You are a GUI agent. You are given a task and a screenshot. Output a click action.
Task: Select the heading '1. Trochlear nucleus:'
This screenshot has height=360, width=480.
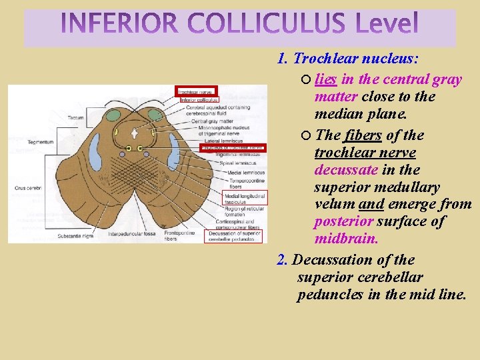coord(348,59)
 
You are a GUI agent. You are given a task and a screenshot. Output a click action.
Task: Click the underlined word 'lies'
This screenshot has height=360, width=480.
coord(325,79)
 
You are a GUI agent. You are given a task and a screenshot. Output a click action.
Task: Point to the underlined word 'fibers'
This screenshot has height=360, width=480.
coord(363,135)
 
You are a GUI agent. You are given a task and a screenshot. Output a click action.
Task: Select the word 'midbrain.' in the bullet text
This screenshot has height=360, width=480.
coord(346,238)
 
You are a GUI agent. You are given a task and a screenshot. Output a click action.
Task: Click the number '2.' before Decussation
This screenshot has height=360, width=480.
coord(283,259)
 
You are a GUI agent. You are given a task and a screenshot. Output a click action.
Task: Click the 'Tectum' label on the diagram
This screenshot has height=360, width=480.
coord(75,117)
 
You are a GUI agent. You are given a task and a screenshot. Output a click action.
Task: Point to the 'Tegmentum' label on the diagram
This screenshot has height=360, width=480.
coord(41,142)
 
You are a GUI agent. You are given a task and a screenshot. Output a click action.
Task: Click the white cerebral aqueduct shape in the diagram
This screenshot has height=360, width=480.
coord(135,132)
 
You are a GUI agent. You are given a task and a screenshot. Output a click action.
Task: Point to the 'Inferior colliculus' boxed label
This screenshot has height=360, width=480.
coord(199,100)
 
